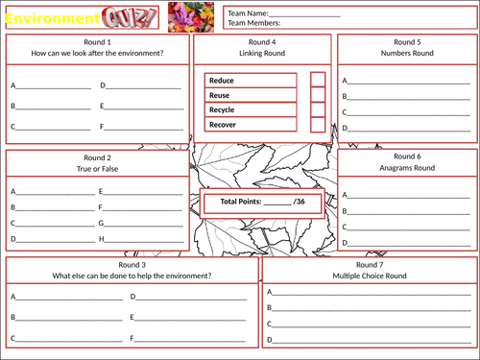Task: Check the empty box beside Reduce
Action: [x=318, y=81]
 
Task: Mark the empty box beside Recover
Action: [x=318, y=124]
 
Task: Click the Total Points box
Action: [x=262, y=202]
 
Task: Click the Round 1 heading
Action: [x=97, y=43]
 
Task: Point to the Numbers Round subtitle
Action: [x=406, y=55]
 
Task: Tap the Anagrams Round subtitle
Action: [x=406, y=168]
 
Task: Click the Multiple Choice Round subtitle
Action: [x=370, y=276]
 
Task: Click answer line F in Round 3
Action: [x=190, y=338]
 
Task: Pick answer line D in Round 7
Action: [x=370, y=339]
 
